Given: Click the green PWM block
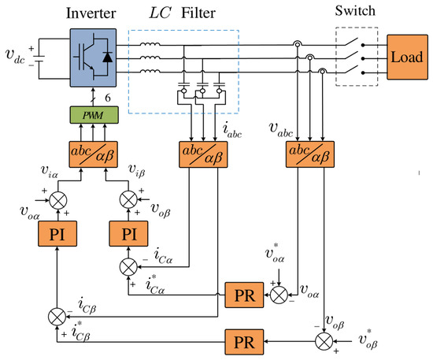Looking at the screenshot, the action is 94,115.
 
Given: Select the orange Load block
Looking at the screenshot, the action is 407,58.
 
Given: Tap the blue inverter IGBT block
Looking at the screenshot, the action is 93,58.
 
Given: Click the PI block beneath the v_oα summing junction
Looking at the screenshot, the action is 57,234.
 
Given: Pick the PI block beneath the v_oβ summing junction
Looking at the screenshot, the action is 128,234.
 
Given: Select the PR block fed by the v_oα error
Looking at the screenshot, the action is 244,295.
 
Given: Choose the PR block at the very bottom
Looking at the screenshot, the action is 244,342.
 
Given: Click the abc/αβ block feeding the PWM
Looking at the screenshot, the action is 93,154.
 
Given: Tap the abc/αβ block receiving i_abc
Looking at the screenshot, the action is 203,154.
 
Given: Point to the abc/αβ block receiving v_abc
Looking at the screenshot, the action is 310,154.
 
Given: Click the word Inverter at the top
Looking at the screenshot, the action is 91,13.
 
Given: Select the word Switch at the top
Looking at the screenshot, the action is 355,11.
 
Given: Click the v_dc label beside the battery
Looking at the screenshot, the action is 15,56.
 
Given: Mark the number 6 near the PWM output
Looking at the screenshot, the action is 108,98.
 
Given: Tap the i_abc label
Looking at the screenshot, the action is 232,131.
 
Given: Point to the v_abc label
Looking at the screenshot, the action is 280,130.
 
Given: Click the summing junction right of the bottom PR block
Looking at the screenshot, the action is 324,342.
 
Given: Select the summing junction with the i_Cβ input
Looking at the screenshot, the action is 57,317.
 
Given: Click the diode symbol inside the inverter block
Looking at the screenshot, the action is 107,58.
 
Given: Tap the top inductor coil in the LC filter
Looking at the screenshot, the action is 150,44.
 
